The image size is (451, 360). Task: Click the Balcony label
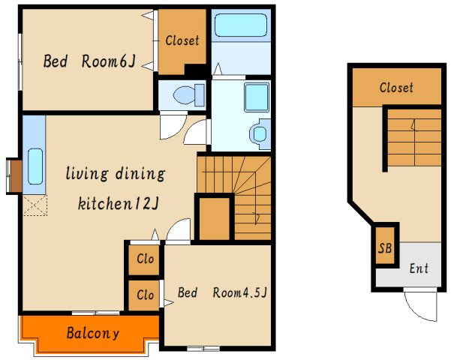point(92,333)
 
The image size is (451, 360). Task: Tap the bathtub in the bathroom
point(241,25)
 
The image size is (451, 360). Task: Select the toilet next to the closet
point(189,94)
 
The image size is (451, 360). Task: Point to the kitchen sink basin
point(35,166)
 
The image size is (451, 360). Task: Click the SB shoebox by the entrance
point(385,247)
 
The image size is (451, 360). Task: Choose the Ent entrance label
point(419,268)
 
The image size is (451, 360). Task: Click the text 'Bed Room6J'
point(89,61)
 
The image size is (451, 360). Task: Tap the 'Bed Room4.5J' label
point(222,292)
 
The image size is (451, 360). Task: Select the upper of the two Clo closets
point(143,259)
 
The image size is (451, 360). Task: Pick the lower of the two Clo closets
point(143,295)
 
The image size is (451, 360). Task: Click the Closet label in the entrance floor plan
point(396,88)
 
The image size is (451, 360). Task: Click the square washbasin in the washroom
point(257,97)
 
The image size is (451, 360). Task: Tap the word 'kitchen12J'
point(119,203)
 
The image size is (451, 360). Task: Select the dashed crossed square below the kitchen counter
point(35,205)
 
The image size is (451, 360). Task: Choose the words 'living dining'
point(116,174)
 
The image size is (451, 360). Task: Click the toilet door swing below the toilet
point(173,127)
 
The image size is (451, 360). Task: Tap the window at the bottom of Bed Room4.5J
point(203,349)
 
